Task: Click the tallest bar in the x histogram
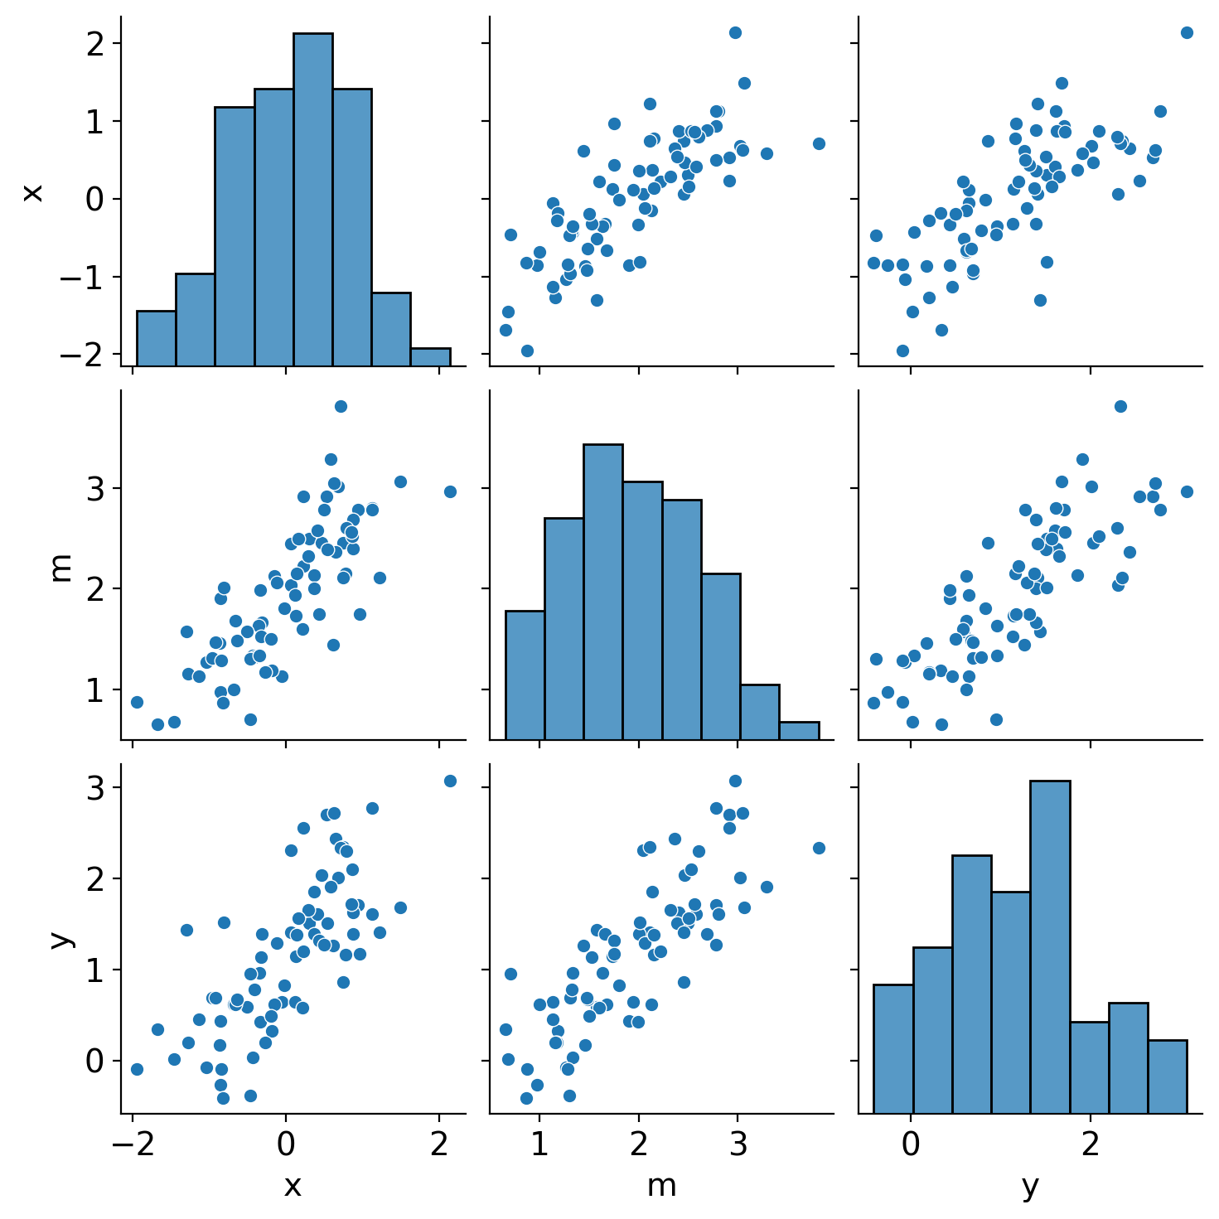[x=312, y=199]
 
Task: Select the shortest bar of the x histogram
[x=430, y=357]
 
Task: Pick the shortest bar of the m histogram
[x=799, y=730]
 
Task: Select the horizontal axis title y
[x=1030, y=1187]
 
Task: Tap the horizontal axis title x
[x=293, y=1187]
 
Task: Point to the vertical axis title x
[x=31, y=192]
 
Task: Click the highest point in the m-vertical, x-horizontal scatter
[x=341, y=406]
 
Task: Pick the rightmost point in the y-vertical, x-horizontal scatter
[x=450, y=781]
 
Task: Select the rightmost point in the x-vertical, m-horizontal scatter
[x=819, y=143]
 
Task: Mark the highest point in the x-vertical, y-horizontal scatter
[x=1187, y=32]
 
